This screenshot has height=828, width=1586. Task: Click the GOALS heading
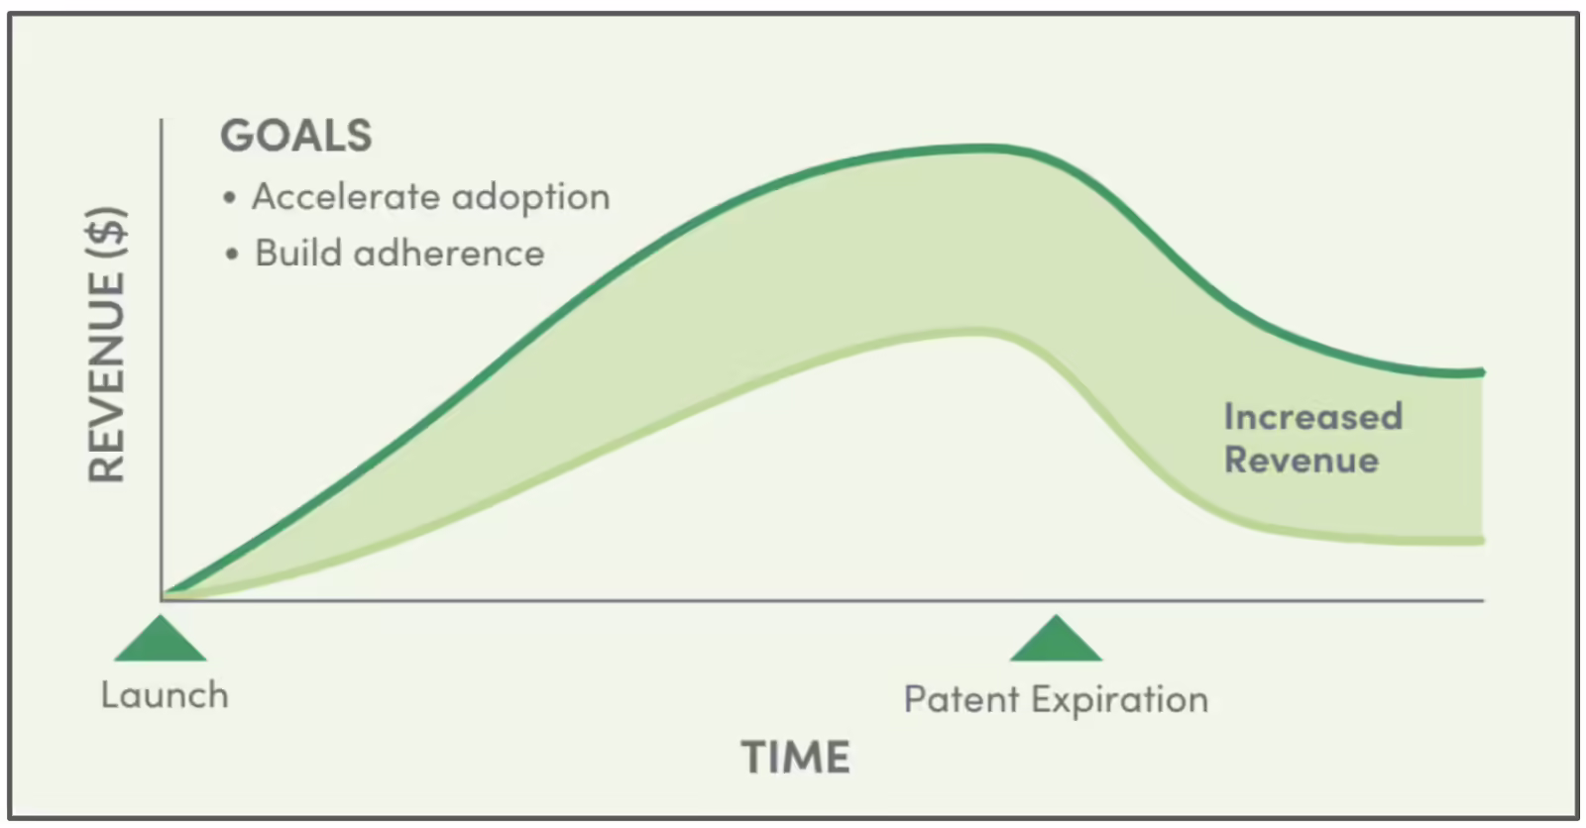coord(296,135)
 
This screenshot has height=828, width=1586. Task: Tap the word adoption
coord(531,198)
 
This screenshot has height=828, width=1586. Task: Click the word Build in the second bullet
coord(298,253)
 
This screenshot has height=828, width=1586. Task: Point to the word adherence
coord(449,253)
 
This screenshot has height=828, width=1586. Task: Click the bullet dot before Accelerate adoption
coord(229,197)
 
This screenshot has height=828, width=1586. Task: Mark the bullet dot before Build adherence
coord(232,255)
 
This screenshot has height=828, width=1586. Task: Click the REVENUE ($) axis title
coord(107,345)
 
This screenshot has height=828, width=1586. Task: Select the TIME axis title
coord(795,758)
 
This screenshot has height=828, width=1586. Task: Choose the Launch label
coord(165,695)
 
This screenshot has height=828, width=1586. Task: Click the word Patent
coord(961,699)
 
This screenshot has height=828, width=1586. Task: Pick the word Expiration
coord(1119,700)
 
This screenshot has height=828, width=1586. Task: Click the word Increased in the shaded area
coord(1313,416)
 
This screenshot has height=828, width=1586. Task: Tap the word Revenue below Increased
coord(1302,460)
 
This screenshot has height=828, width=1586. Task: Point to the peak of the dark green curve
coord(984,149)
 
